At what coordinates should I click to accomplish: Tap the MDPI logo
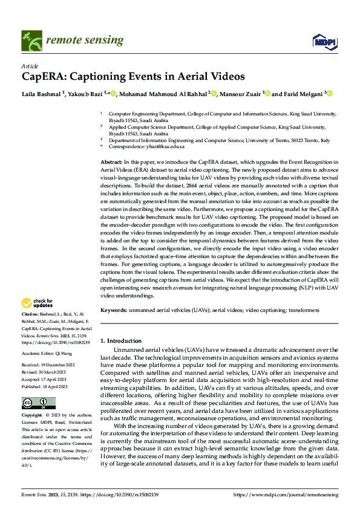click(320, 41)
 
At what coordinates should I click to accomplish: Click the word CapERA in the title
click(44, 77)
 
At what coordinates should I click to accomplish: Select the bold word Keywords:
click(113, 310)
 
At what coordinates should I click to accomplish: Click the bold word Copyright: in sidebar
click(32, 416)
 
